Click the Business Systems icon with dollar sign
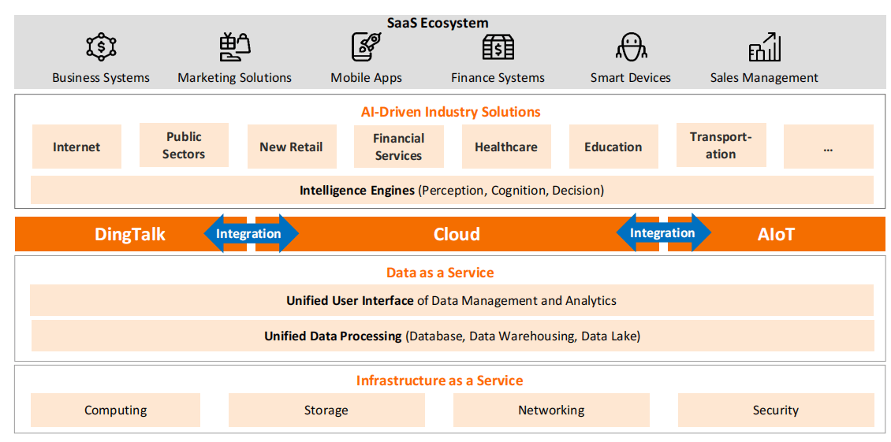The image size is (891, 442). point(101,47)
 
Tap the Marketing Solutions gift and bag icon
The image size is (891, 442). point(234,47)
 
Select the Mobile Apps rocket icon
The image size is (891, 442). point(366,46)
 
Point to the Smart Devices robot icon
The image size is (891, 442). point(631,47)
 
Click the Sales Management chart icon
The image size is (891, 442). point(764,47)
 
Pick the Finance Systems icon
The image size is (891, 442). point(498,47)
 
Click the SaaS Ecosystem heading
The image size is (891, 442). point(438,23)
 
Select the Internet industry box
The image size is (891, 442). point(76,147)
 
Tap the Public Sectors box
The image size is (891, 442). point(184,145)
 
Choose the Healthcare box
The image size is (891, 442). point(506,147)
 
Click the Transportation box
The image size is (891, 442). point(721,145)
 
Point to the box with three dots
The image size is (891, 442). point(828,147)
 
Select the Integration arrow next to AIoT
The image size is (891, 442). point(663,232)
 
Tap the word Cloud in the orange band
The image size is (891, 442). point(457,234)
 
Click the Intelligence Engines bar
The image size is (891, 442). point(452,190)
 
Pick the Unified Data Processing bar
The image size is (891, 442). point(452,336)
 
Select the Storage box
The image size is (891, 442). point(326,410)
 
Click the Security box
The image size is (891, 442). point(776,410)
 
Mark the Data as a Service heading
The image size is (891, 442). point(440,273)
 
